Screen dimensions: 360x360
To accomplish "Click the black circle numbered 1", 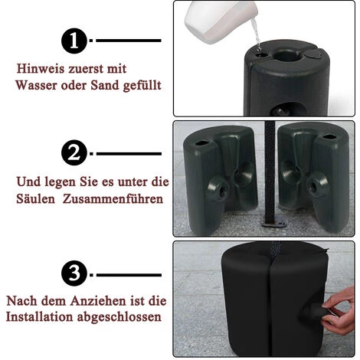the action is coord(74,41).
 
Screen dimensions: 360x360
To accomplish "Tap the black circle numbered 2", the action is coord(74,153).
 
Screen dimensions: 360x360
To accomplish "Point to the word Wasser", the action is coord(36,85).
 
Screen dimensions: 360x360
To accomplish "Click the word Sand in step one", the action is coord(105,85).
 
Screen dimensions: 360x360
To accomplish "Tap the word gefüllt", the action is coord(142,86).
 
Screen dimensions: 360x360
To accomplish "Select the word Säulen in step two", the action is coord(35,198).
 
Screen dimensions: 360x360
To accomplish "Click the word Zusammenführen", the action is coord(113,198).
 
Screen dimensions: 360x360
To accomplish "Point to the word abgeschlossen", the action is coord(119,317).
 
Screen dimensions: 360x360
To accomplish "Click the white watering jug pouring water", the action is coord(221,21).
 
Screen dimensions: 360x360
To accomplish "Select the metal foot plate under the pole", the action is coord(273,224).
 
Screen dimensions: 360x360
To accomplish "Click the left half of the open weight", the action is coord(220,179).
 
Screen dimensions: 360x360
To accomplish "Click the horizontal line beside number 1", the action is coord(129,41).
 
